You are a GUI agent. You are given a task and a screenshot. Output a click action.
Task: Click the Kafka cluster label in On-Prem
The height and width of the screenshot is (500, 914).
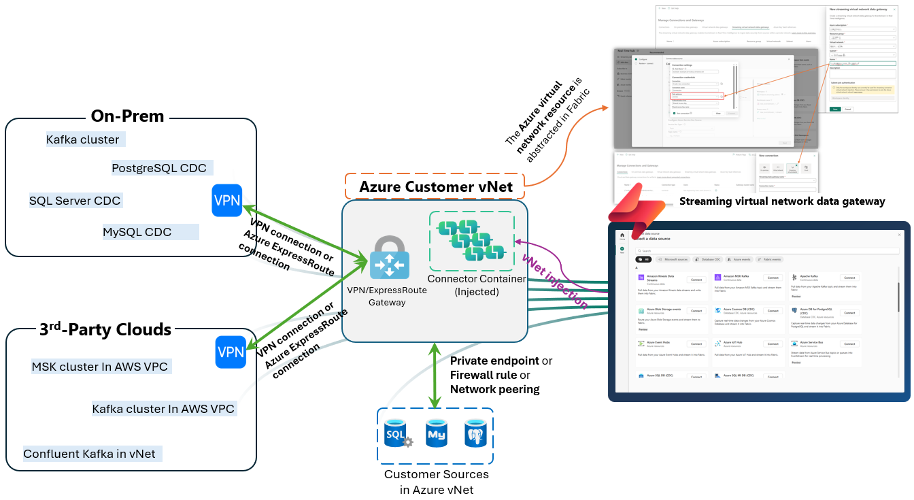coord(83,140)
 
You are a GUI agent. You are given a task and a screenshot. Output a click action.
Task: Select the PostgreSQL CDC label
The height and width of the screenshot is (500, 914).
coord(159,168)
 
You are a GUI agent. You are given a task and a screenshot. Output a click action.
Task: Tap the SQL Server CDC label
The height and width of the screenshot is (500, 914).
coord(75,201)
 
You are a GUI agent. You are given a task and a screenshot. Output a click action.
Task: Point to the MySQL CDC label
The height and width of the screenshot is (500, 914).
coord(137,232)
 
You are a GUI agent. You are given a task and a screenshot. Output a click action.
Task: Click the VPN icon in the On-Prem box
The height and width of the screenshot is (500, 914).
coord(226,201)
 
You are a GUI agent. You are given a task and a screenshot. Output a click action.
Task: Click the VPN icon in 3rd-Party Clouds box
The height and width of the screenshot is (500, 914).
coord(231,352)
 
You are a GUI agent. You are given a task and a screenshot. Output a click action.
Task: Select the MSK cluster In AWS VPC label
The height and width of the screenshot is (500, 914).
coord(99,367)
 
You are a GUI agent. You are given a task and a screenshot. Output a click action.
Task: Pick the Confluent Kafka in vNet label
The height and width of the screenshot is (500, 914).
coord(89,454)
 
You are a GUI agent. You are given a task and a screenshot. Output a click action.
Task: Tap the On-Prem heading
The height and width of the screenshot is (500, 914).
coord(128,116)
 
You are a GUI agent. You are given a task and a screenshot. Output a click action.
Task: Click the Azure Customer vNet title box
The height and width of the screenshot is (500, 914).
coord(435,186)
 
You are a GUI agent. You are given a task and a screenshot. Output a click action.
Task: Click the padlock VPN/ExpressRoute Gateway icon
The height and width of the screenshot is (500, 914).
coord(389,259)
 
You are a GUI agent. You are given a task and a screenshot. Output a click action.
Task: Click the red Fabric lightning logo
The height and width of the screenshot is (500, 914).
coord(632,215)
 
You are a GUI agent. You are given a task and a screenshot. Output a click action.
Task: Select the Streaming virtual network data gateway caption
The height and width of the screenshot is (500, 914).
coord(782,201)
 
